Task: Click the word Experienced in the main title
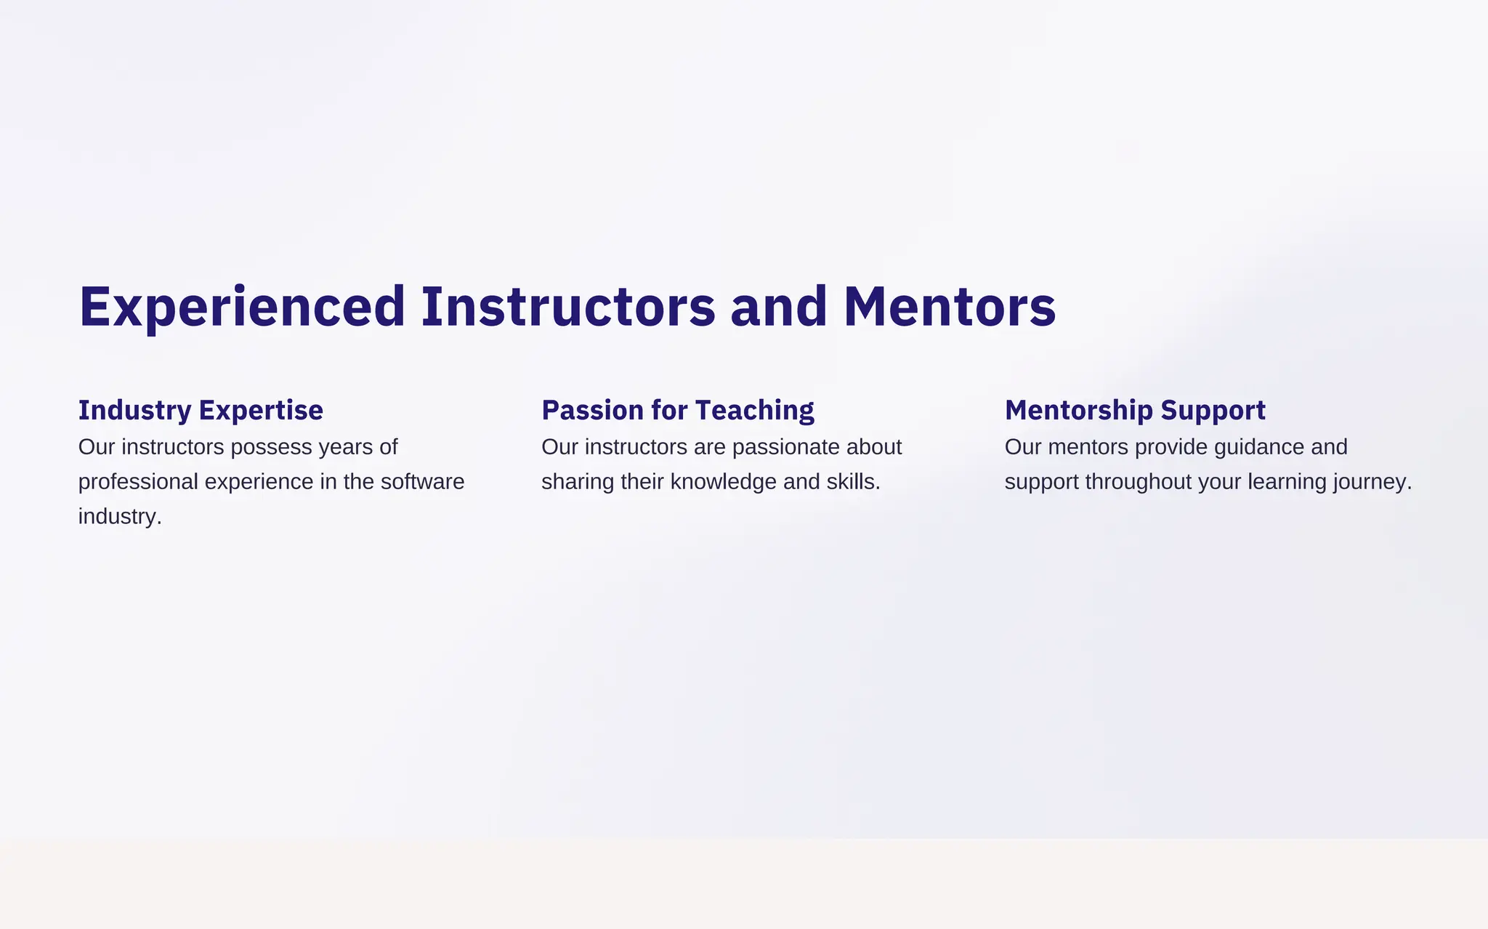(242, 307)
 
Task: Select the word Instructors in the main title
(568, 307)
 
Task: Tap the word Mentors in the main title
(949, 307)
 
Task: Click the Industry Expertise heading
(201, 410)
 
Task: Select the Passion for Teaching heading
(677, 410)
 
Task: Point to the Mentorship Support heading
(1135, 410)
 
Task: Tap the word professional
(138, 482)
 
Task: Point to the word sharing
(578, 482)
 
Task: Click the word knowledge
(723, 482)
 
